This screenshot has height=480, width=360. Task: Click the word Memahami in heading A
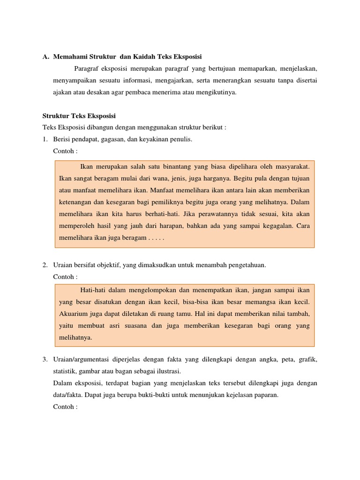pyautogui.click(x=69, y=57)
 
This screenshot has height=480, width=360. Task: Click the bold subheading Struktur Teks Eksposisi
pyautogui.click(x=79, y=116)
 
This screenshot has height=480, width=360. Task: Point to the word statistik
pyautogui.click(x=65, y=372)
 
